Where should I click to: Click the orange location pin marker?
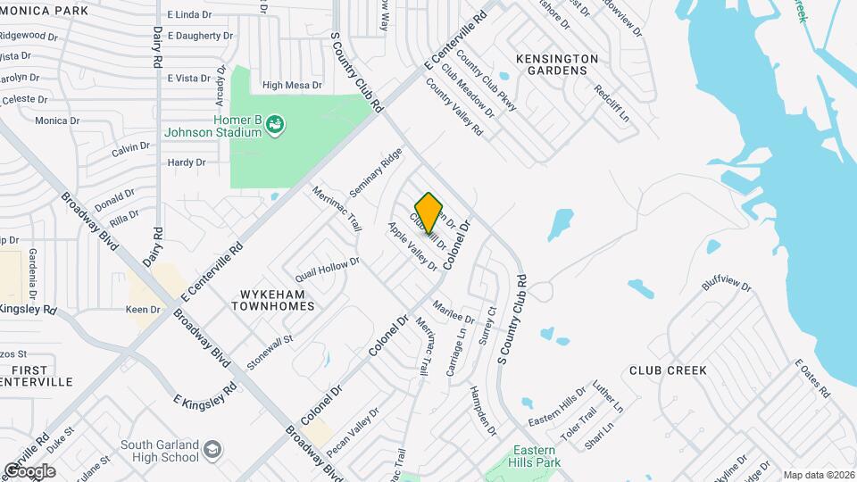(x=429, y=212)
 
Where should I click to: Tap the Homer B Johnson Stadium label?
(x=212, y=126)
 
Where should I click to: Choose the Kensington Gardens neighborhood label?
(x=557, y=64)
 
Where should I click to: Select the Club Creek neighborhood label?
(x=668, y=370)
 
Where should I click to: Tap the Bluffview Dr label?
(x=727, y=284)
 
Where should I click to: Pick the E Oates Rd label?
(x=811, y=378)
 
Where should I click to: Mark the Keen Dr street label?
(x=143, y=310)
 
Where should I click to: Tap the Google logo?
(x=29, y=470)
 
